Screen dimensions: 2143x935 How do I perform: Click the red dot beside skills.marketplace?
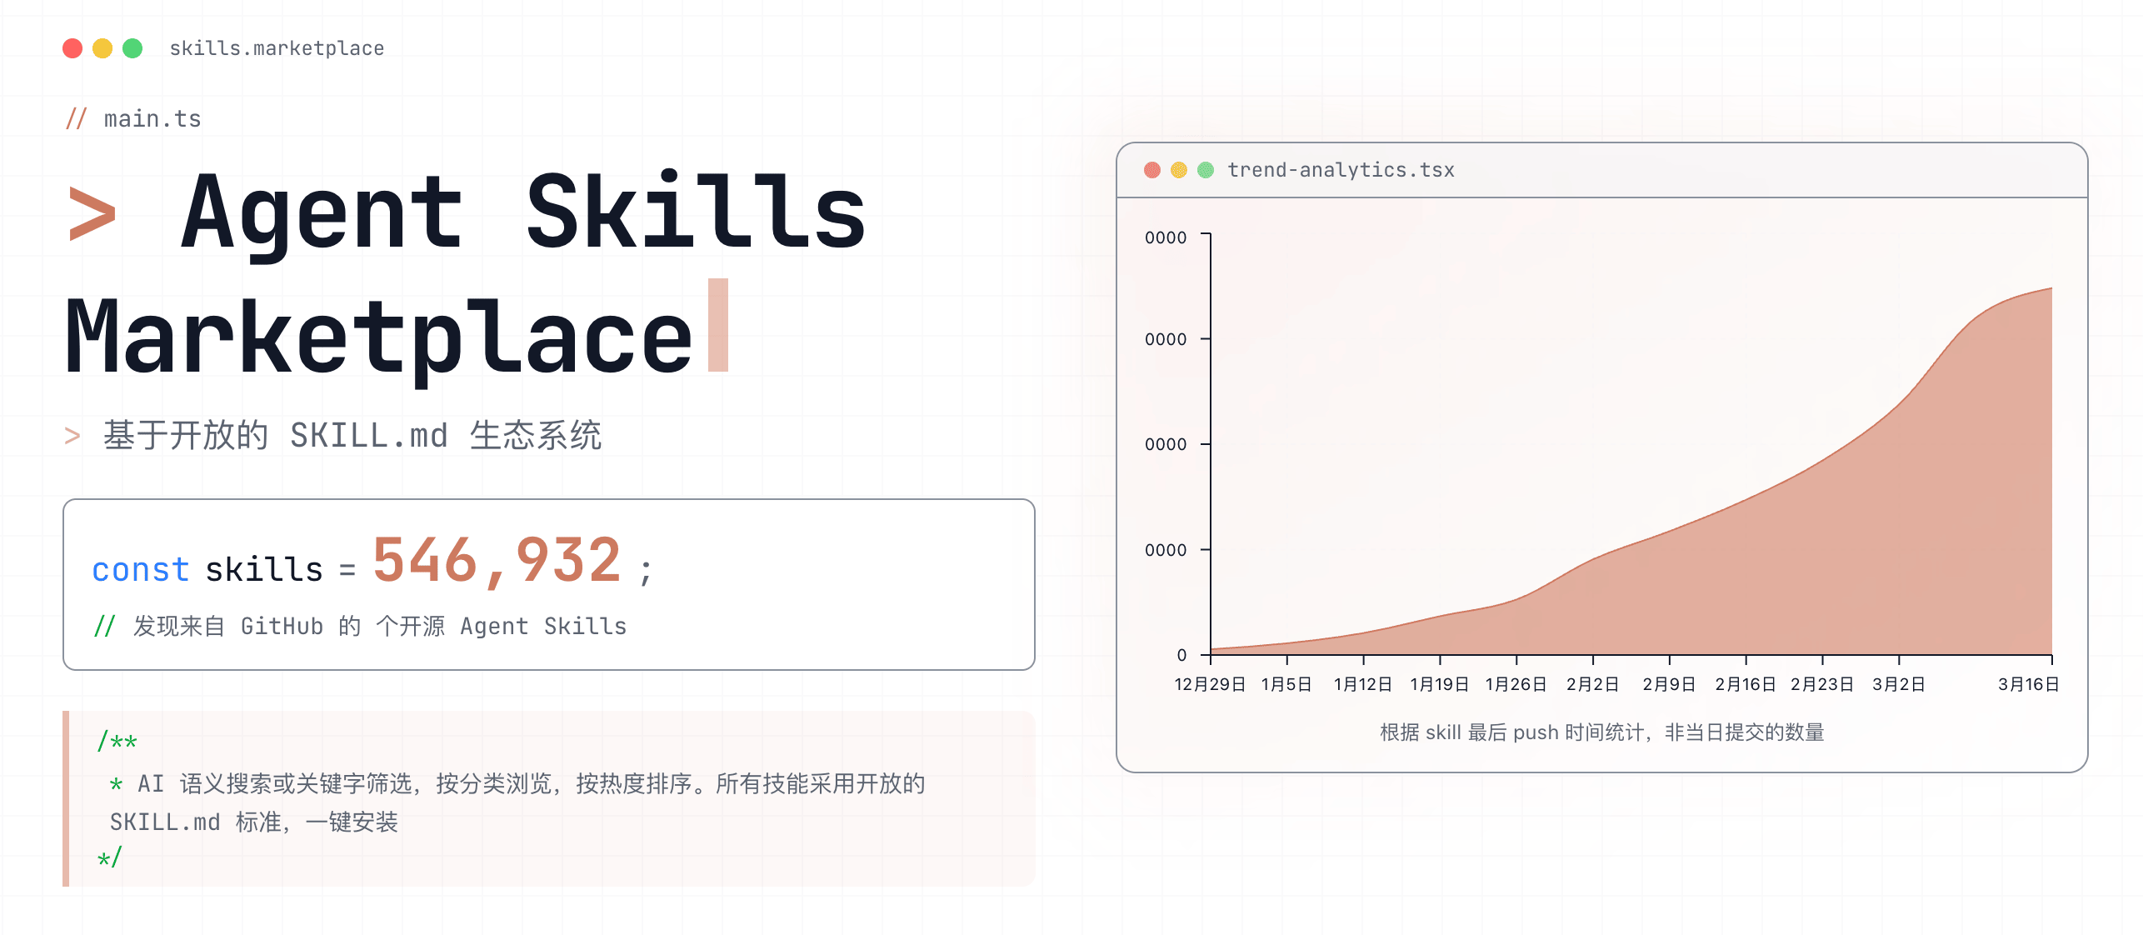72,48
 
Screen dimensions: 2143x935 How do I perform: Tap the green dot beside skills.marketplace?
132,48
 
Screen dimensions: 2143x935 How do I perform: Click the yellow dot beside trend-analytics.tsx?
1179,170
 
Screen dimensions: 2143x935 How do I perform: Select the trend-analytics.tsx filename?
1341,170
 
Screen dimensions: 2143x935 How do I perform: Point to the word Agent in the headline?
322,212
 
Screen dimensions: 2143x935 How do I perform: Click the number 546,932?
497,560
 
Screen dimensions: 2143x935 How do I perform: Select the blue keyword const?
141,570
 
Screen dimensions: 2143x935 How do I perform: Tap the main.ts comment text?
152,119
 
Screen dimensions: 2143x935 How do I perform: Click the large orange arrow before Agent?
92,214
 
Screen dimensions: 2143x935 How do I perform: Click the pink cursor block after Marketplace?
718,325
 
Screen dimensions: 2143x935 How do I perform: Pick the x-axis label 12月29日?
1210,684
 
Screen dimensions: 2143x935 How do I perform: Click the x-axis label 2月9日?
1669,684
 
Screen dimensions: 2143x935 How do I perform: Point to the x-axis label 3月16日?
2028,684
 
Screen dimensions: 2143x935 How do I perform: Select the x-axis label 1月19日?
1439,684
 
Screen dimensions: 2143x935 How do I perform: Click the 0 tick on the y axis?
1181,655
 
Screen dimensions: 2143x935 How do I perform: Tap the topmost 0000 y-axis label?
1166,237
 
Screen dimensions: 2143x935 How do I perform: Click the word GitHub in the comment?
282,626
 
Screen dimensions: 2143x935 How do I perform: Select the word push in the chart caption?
1536,732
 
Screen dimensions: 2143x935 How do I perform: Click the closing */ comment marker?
109,857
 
